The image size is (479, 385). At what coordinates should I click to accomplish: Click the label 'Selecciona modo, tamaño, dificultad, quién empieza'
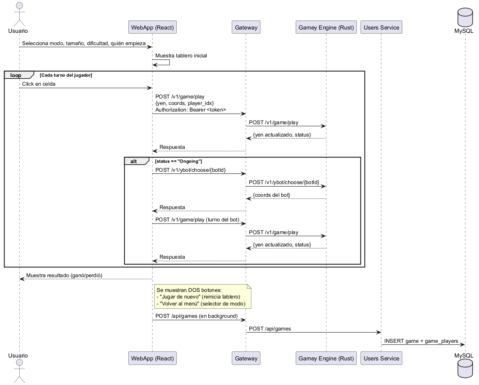(84, 43)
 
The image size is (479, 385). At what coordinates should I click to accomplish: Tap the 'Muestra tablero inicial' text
(181, 56)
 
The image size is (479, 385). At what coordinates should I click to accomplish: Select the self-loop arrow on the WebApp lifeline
(169, 62)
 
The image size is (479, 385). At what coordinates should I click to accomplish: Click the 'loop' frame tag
(16, 75)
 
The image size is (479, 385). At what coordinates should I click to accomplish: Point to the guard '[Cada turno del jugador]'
(66, 75)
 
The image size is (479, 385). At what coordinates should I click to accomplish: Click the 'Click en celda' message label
(39, 84)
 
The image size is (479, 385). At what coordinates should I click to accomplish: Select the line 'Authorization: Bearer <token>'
(191, 110)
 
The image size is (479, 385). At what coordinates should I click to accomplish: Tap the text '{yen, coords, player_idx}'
(185, 103)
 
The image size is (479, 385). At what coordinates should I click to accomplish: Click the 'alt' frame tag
(134, 161)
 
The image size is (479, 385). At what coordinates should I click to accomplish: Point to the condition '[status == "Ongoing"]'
(178, 161)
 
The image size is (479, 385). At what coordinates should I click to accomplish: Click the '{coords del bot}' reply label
(271, 195)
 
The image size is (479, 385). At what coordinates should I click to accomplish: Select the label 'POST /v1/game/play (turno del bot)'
(197, 220)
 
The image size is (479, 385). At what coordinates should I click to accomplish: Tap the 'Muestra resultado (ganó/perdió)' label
(64, 276)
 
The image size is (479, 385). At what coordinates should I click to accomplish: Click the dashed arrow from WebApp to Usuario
(86, 279)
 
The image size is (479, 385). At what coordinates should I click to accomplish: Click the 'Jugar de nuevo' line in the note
(198, 297)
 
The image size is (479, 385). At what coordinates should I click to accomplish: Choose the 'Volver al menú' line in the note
(201, 304)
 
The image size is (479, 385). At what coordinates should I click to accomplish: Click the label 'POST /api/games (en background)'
(196, 316)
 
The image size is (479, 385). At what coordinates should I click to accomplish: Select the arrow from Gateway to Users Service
(313, 333)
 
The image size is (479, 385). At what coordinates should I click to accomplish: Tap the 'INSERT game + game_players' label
(421, 341)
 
